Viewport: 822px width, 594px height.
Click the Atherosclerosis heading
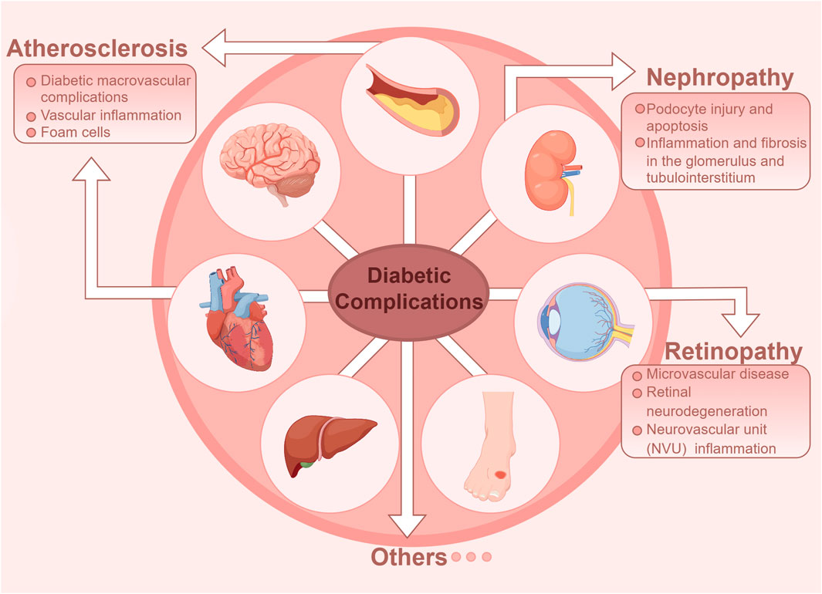pos(97,49)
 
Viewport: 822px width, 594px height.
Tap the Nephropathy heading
pos(719,77)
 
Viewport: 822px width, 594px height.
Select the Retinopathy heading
pos(733,352)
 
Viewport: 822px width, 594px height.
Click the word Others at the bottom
pos(409,556)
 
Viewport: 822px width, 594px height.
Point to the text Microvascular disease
pos(718,374)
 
